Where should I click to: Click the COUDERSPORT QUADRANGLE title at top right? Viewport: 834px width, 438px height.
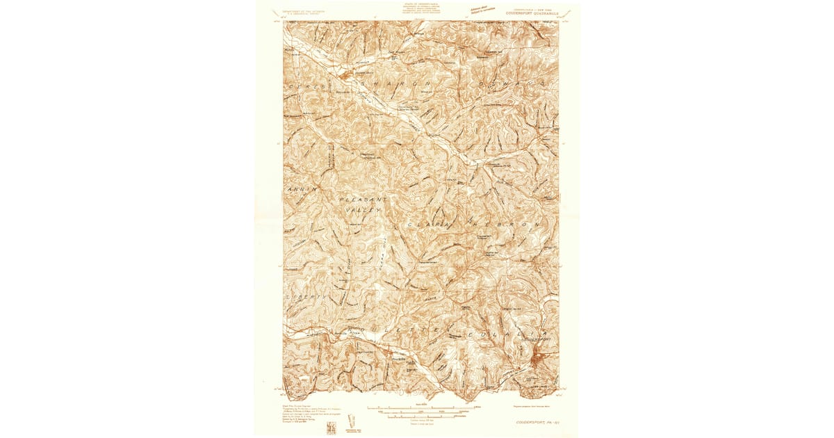tap(532, 12)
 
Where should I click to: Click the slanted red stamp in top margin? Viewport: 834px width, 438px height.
tap(484, 10)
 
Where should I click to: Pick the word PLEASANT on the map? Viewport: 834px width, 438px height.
tap(361, 200)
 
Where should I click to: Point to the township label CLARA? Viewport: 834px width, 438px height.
tap(427, 225)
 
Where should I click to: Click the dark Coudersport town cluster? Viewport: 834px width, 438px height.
tap(539, 359)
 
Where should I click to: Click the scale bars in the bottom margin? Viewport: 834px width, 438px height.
tap(420, 411)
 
